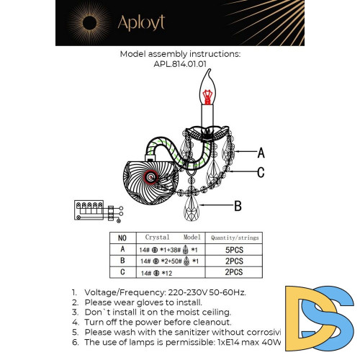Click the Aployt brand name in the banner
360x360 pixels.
click(142, 22)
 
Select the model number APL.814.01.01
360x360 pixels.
click(179, 63)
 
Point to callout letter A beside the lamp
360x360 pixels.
click(261, 153)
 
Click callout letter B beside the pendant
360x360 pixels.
click(238, 205)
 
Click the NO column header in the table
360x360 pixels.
click(122, 237)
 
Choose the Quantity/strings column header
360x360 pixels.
click(235, 237)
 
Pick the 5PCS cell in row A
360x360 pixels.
click(235, 249)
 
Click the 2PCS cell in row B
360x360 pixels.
click(235, 261)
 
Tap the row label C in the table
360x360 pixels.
click(122, 273)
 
